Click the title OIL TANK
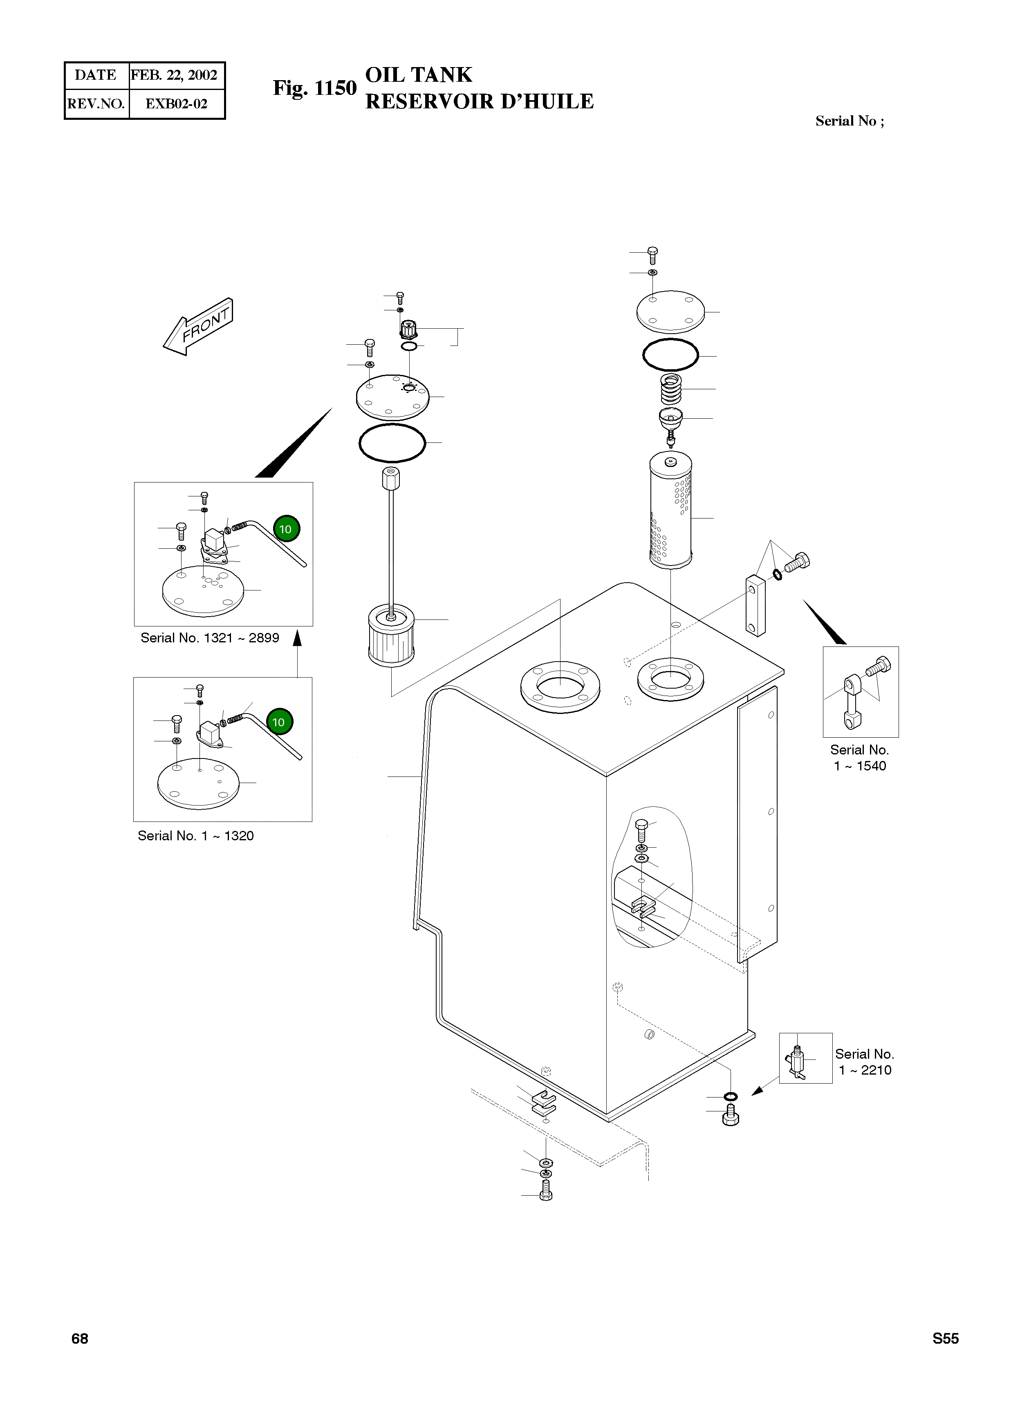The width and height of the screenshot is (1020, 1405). tap(419, 75)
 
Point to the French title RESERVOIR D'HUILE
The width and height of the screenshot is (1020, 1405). tap(480, 101)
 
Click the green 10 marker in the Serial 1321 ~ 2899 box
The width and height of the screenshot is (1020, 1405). tap(285, 529)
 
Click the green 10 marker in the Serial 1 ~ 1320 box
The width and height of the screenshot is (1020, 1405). tap(279, 722)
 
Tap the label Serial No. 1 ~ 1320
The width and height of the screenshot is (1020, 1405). tap(196, 836)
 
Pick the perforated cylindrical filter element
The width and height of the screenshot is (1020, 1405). tap(671, 510)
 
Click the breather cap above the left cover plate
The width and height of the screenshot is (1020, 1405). tap(409, 327)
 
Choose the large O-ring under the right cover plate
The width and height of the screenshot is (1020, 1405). tap(671, 355)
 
